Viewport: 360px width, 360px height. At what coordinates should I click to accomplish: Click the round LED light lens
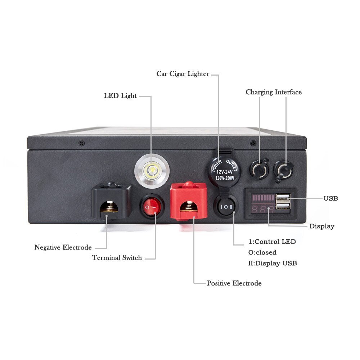point(152,171)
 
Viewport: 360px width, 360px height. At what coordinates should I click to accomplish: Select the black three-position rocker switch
point(226,207)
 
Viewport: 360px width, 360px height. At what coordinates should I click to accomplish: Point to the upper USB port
point(283,198)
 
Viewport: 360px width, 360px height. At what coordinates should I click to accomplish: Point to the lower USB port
point(283,206)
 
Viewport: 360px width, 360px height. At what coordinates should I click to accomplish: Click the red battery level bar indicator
point(264,198)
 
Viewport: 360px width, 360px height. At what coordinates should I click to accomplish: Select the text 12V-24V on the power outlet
point(224,171)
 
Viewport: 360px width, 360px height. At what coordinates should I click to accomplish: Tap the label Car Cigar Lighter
point(183,74)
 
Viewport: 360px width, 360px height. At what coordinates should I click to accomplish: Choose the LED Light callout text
point(120,95)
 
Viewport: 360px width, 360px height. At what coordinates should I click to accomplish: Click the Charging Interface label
point(274,92)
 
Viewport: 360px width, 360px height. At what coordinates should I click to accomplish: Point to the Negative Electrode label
point(63,247)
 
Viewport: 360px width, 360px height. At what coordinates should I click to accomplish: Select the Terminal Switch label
point(117,258)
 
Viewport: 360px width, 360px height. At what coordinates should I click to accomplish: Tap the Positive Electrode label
point(234,283)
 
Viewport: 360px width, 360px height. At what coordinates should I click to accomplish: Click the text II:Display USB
point(273,263)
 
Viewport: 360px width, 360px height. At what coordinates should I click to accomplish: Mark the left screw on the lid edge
point(81,143)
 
